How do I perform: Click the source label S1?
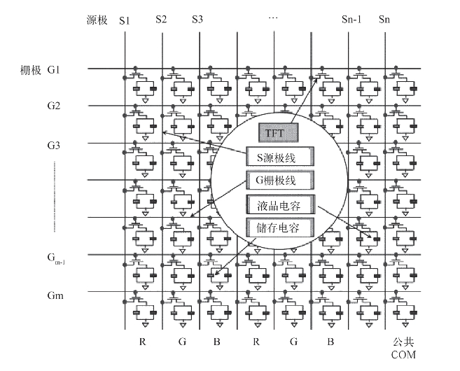coord(125,20)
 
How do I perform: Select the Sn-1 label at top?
coord(349,20)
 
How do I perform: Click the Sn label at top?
coord(384,20)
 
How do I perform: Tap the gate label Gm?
coord(55,296)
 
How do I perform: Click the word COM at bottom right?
coord(404,354)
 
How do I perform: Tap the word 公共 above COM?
coord(404,342)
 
